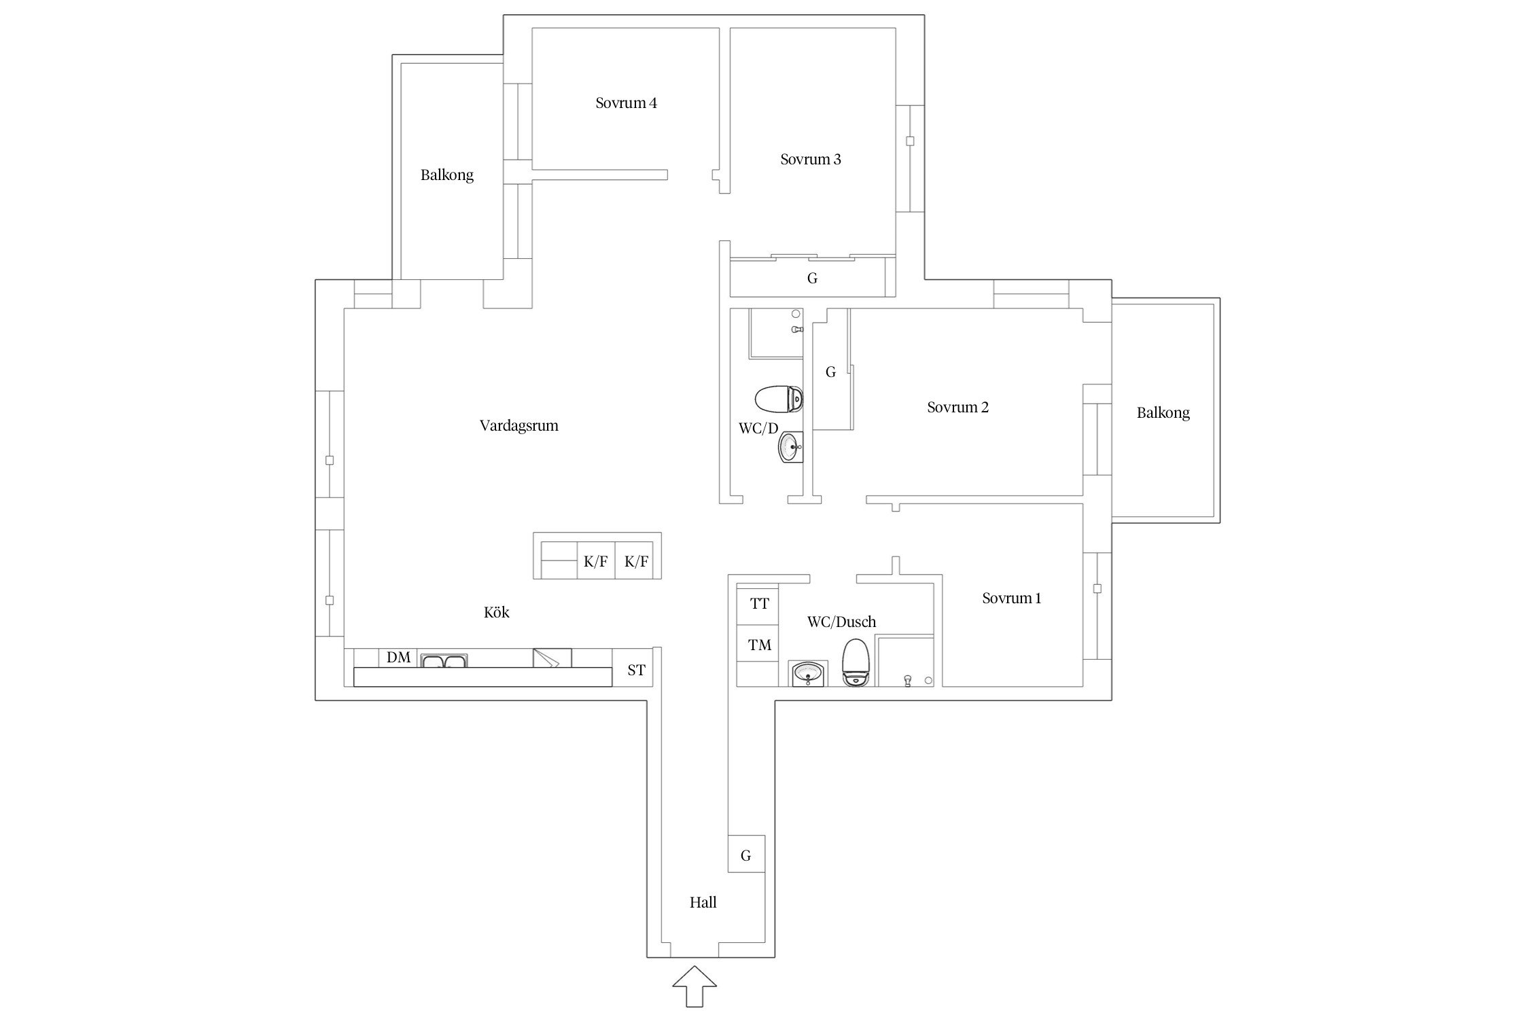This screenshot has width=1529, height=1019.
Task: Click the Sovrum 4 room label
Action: pos(626,103)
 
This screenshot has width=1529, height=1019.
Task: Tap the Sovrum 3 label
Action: pos(810,160)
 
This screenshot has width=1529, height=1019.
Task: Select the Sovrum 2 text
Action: pos(957,408)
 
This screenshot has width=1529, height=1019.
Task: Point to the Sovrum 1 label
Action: pos(1011,598)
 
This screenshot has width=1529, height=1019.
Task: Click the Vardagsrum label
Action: pos(519,426)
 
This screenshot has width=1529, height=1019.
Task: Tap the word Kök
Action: pos(496,612)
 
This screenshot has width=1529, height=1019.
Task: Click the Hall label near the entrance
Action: pos(703,902)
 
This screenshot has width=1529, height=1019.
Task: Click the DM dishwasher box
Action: pos(398,658)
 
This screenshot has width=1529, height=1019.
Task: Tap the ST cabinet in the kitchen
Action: pos(636,671)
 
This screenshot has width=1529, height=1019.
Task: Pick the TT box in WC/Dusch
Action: pos(759,604)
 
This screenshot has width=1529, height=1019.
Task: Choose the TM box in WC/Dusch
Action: pos(759,645)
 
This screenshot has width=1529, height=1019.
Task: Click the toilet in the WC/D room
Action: pos(779,399)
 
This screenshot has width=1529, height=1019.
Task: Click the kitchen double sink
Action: pos(444,660)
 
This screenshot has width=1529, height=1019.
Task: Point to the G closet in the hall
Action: pos(746,854)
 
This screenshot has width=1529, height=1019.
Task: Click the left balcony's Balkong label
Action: pos(446,175)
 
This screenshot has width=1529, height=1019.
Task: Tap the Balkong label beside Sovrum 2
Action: pos(1163,413)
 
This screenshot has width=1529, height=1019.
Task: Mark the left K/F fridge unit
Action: pos(595,562)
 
